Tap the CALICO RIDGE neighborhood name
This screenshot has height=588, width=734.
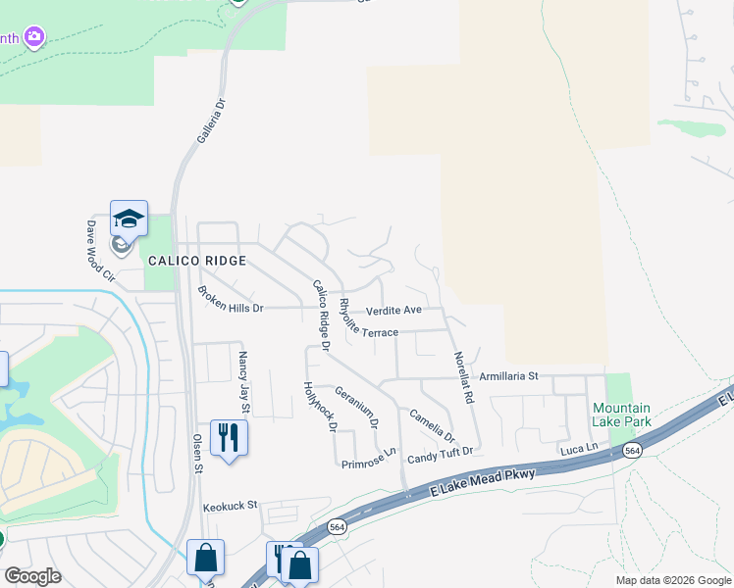coord(196,262)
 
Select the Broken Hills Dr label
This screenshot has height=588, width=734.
coord(231,300)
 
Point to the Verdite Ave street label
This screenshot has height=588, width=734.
coord(393,311)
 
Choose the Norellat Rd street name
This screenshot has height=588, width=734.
coord(461,379)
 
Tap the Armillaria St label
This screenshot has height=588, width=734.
coord(509,375)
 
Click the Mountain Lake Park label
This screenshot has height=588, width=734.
coord(621,415)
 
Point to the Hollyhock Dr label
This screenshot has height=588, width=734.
coord(320,407)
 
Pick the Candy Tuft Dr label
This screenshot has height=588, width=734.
coord(441,454)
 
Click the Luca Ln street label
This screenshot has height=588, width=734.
coord(578,448)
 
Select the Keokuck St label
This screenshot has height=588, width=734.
coord(230,507)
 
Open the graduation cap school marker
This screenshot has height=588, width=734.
coord(128,218)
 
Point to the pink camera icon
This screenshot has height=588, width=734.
coord(34,37)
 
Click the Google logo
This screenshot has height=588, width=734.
coord(32,576)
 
